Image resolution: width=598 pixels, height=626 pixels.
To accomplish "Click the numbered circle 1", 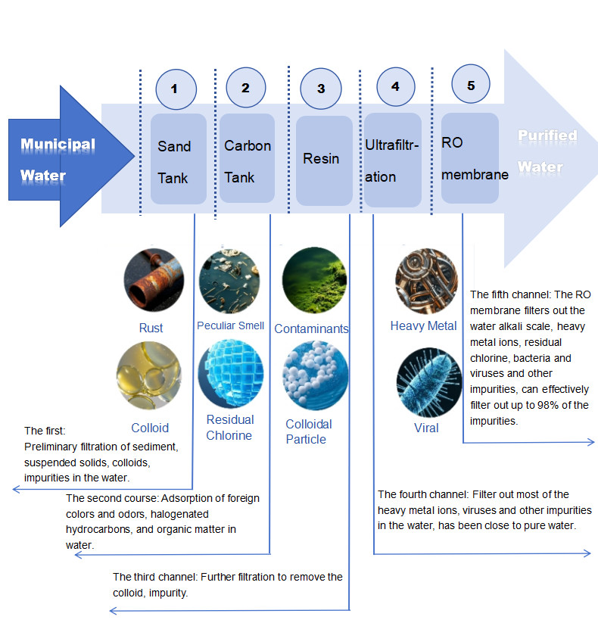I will point(175,89).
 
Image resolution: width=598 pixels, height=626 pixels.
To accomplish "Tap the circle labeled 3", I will point(321,89).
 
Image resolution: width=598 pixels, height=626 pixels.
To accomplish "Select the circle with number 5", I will point(471,86).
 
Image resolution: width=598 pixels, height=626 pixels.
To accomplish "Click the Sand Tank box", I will point(178,159).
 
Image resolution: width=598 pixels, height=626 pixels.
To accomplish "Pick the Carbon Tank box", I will point(247,159).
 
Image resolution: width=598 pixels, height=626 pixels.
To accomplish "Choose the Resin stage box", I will point(323,160).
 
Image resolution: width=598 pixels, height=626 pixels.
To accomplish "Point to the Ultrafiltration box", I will point(392,160).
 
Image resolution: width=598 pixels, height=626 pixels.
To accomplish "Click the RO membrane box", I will point(470,158).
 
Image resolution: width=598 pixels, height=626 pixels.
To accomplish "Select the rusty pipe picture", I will point(154,279).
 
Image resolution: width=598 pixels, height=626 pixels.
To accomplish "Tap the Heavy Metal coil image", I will point(427,279).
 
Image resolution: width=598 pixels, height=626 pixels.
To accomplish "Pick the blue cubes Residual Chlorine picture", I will point(229,373).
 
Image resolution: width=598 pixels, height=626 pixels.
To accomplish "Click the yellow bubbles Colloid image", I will point(148,376).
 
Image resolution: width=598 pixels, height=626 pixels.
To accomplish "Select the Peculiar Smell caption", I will point(230,325).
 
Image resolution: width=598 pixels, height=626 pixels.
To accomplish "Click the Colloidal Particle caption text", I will point(309,431).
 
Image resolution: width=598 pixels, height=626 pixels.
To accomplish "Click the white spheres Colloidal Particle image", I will point(314,376).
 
